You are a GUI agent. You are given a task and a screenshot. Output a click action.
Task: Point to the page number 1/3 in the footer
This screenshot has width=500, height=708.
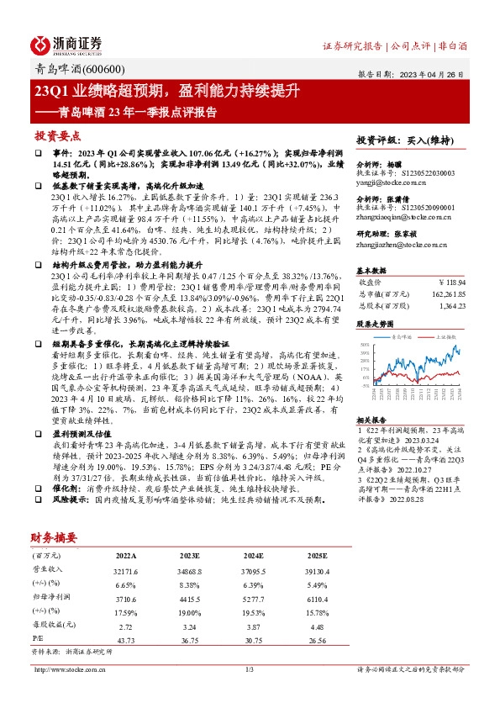coord(250,668)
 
